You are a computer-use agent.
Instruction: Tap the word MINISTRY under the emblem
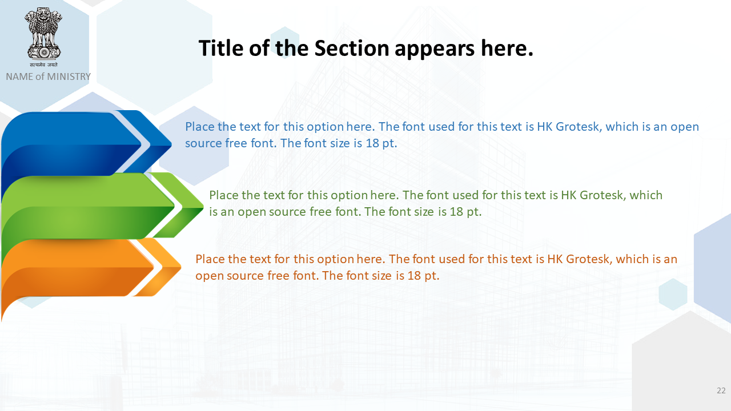tap(69, 76)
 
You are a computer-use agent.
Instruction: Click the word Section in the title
tap(352, 49)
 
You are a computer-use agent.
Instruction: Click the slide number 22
tap(721, 390)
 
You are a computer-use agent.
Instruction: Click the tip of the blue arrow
tap(171, 143)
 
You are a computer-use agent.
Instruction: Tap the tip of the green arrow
tap(203, 206)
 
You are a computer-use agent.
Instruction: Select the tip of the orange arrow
tap(181, 267)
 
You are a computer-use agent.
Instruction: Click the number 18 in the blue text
tap(372, 143)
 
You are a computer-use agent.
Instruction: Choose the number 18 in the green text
tap(456, 212)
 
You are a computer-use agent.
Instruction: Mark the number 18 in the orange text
tap(414, 276)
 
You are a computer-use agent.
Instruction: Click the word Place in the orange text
tap(210, 259)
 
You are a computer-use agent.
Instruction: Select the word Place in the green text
tap(224, 195)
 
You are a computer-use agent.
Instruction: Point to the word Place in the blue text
tap(200, 127)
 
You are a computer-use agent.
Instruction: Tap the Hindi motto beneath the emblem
tap(44, 65)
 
